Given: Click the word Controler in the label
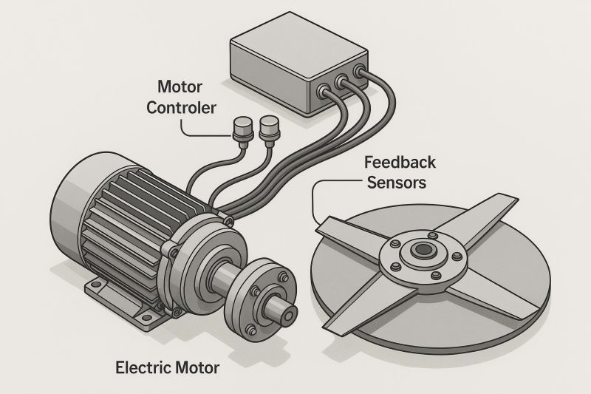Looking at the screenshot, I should click(181, 108).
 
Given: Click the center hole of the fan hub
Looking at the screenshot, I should click(423, 250).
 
